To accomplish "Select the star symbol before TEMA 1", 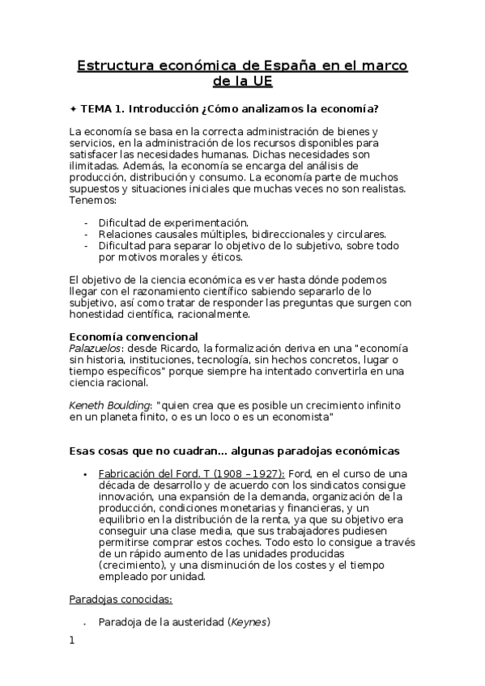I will point(73,108).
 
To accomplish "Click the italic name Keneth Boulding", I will point(109,404).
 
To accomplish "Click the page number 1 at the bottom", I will point(72,642).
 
